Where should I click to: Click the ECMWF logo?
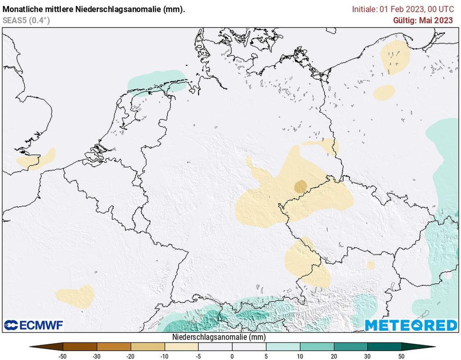[33, 325]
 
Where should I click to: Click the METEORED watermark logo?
[411, 325]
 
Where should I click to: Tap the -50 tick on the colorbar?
[63, 356]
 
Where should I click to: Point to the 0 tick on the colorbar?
[232, 356]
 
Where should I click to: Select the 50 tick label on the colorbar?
[402, 356]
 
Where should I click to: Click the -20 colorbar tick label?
[131, 356]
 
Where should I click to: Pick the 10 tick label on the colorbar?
[300, 356]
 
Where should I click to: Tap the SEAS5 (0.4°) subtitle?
[26, 20]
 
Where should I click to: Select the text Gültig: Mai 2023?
[423, 20]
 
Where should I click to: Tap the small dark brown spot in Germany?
[300, 186]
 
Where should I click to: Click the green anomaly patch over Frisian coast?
[156, 82]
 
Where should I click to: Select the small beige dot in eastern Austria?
[371, 265]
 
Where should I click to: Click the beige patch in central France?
[76, 296]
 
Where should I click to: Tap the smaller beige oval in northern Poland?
[384, 92]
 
